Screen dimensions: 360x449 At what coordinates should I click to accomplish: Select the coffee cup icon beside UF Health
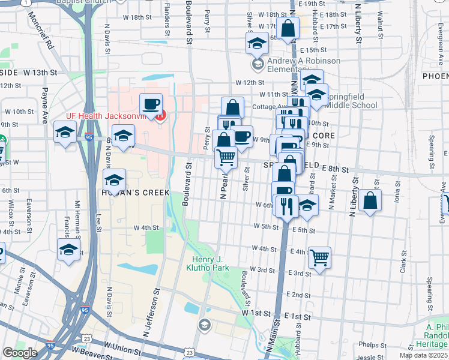coord(151,104)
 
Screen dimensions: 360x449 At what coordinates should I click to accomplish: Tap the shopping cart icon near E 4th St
coord(319,257)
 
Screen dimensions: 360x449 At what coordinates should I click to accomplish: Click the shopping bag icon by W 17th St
coord(288,28)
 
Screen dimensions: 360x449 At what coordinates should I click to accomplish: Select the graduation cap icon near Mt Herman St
coord(69,250)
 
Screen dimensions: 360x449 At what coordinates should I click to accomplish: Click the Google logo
coord(19,353)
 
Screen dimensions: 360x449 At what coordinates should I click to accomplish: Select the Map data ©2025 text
coord(423,355)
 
